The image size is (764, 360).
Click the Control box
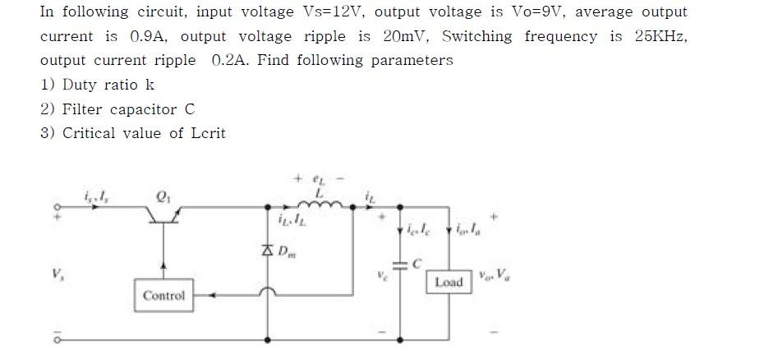click(164, 295)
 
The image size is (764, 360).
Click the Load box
click(449, 282)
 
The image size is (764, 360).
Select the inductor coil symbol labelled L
click(312, 204)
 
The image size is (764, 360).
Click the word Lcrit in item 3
click(207, 133)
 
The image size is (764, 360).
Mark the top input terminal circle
click(57, 207)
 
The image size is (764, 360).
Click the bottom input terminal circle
click(57, 339)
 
